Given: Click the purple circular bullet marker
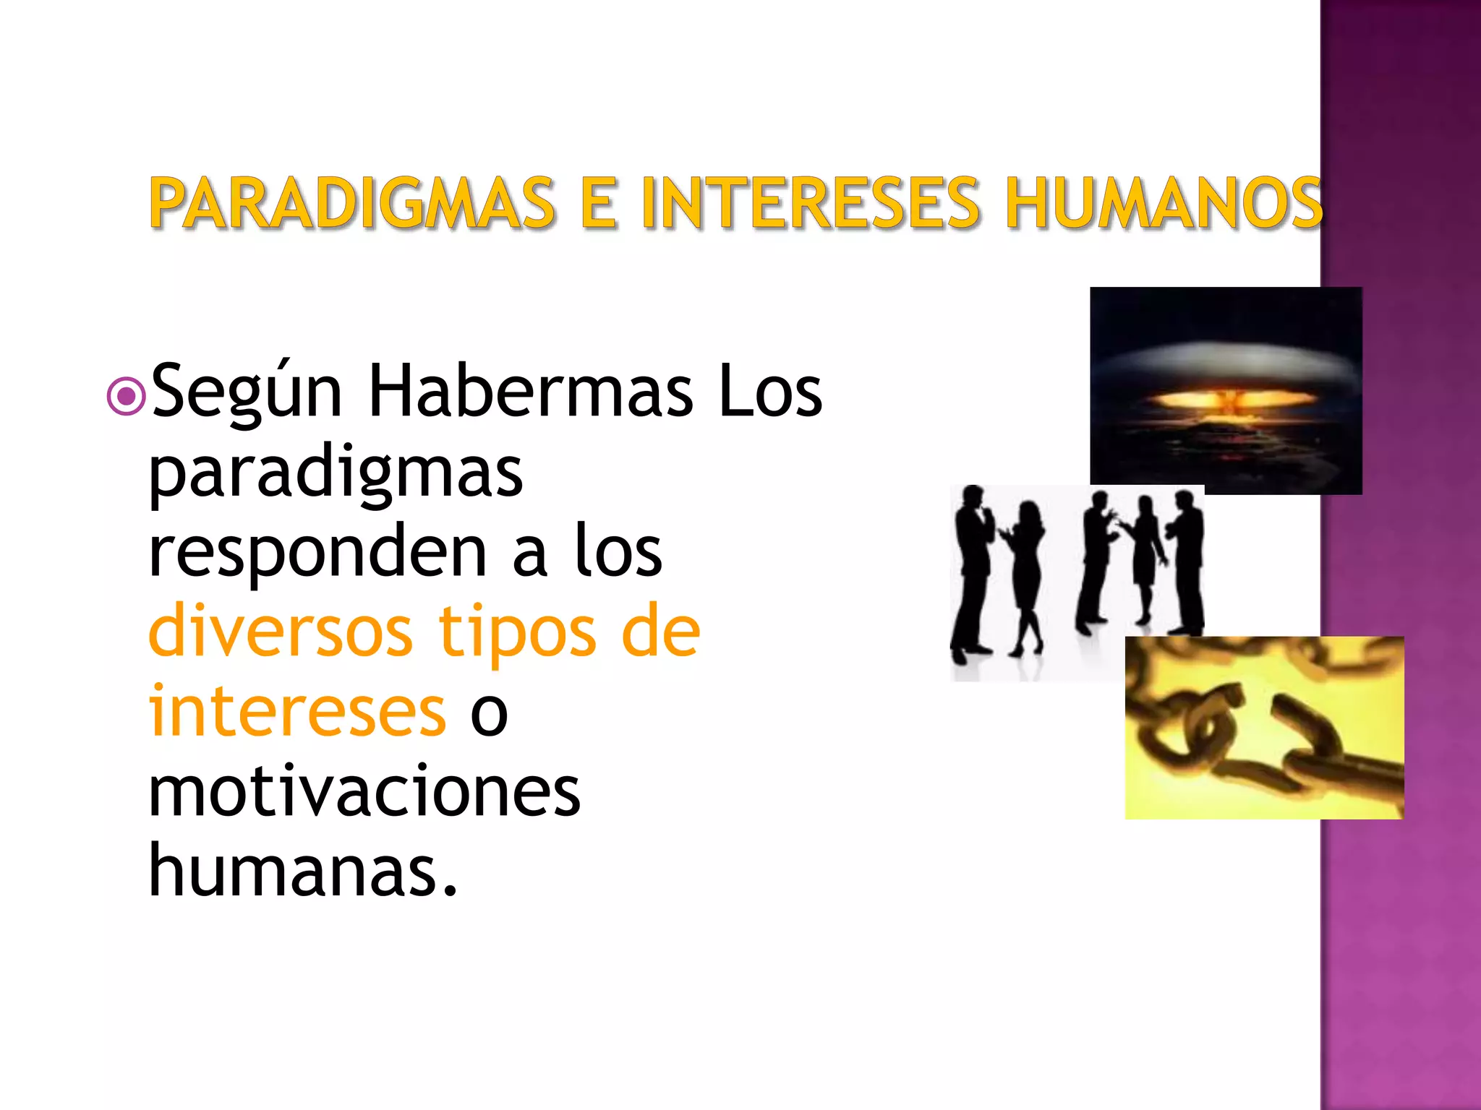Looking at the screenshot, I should (127, 395).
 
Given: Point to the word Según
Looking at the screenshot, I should (247, 392).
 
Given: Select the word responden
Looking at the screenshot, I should (317, 554).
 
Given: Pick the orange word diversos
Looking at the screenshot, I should (281, 632).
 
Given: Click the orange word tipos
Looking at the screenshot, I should (518, 634).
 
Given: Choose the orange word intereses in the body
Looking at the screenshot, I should (297, 712).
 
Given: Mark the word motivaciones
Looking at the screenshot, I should (364, 793).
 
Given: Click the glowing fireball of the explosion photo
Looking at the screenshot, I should (1221, 400).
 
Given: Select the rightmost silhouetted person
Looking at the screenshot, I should (1187, 564).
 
